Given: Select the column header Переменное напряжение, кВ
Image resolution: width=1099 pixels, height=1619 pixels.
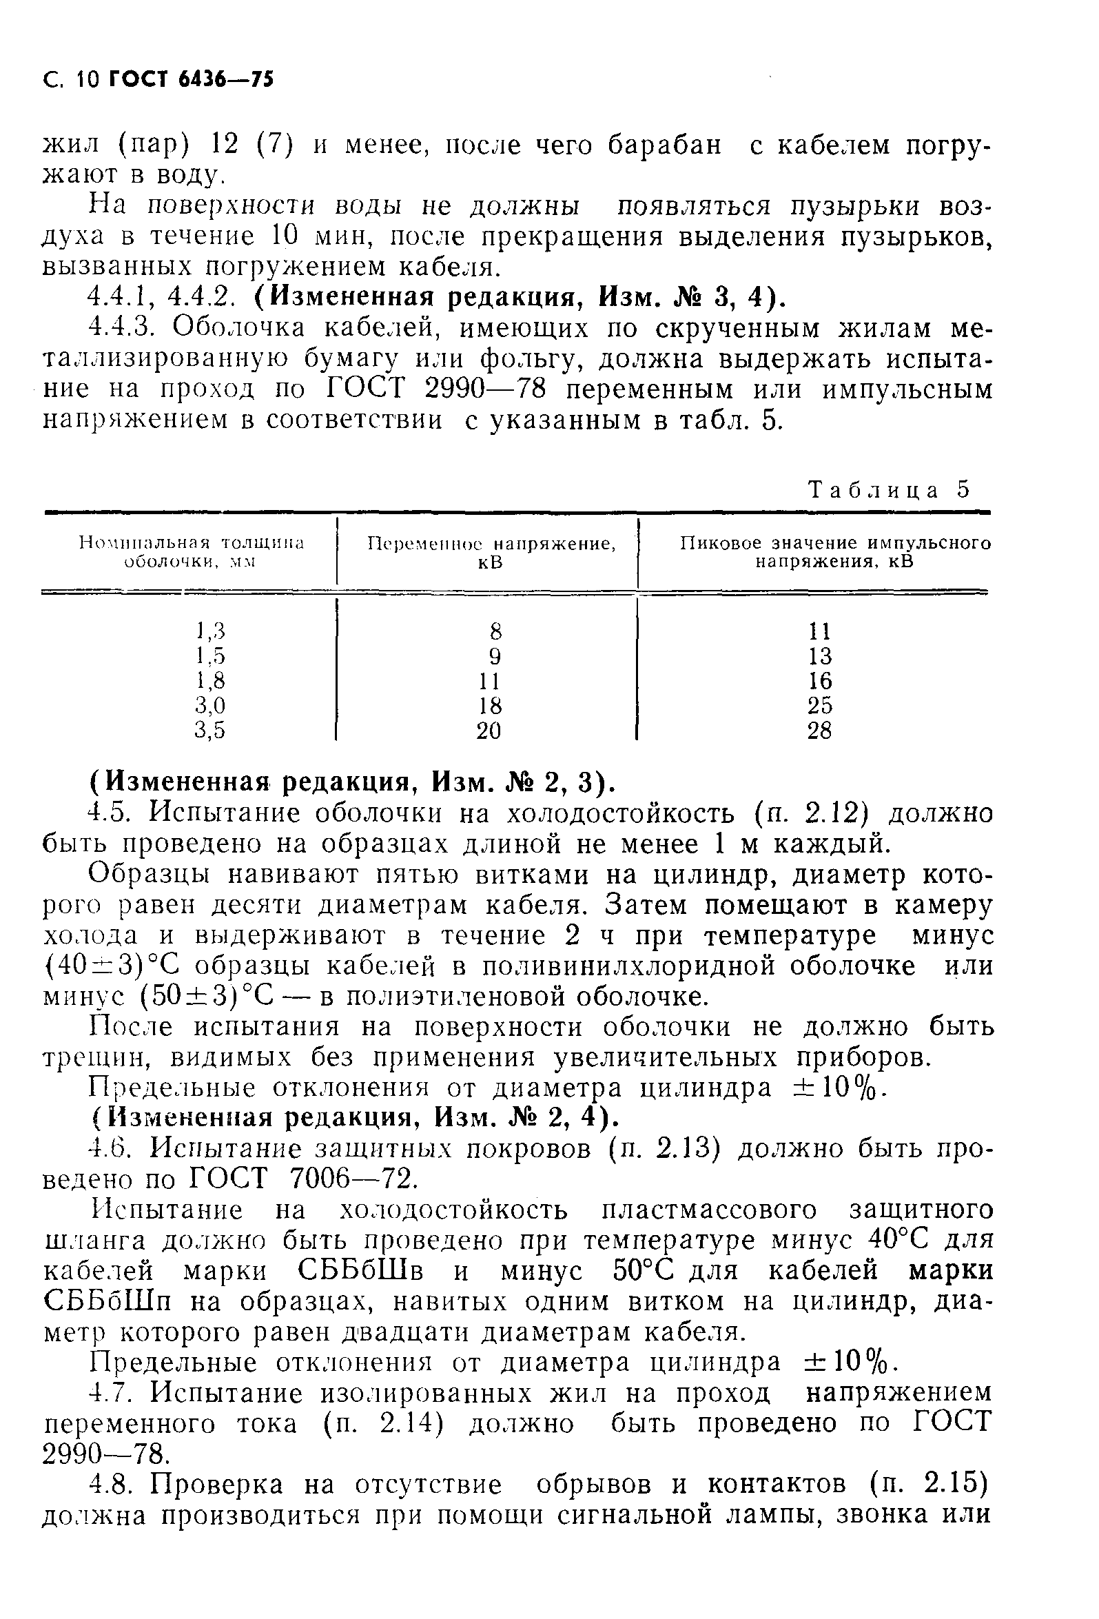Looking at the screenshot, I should (x=491, y=553).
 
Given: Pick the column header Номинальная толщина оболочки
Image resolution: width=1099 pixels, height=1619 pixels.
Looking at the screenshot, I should (x=192, y=553).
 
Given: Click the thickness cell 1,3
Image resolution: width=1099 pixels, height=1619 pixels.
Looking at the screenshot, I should (x=210, y=631).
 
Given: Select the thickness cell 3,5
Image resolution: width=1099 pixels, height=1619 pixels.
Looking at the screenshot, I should (x=210, y=731).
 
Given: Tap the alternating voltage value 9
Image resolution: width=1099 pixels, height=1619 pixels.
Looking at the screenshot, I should (x=495, y=656).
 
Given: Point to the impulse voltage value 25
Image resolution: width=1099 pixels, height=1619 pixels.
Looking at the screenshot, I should (x=820, y=706).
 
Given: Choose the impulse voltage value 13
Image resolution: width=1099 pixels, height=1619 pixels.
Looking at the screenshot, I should (x=820, y=656).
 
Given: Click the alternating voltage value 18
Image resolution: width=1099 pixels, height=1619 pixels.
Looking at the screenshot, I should (x=490, y=706).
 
